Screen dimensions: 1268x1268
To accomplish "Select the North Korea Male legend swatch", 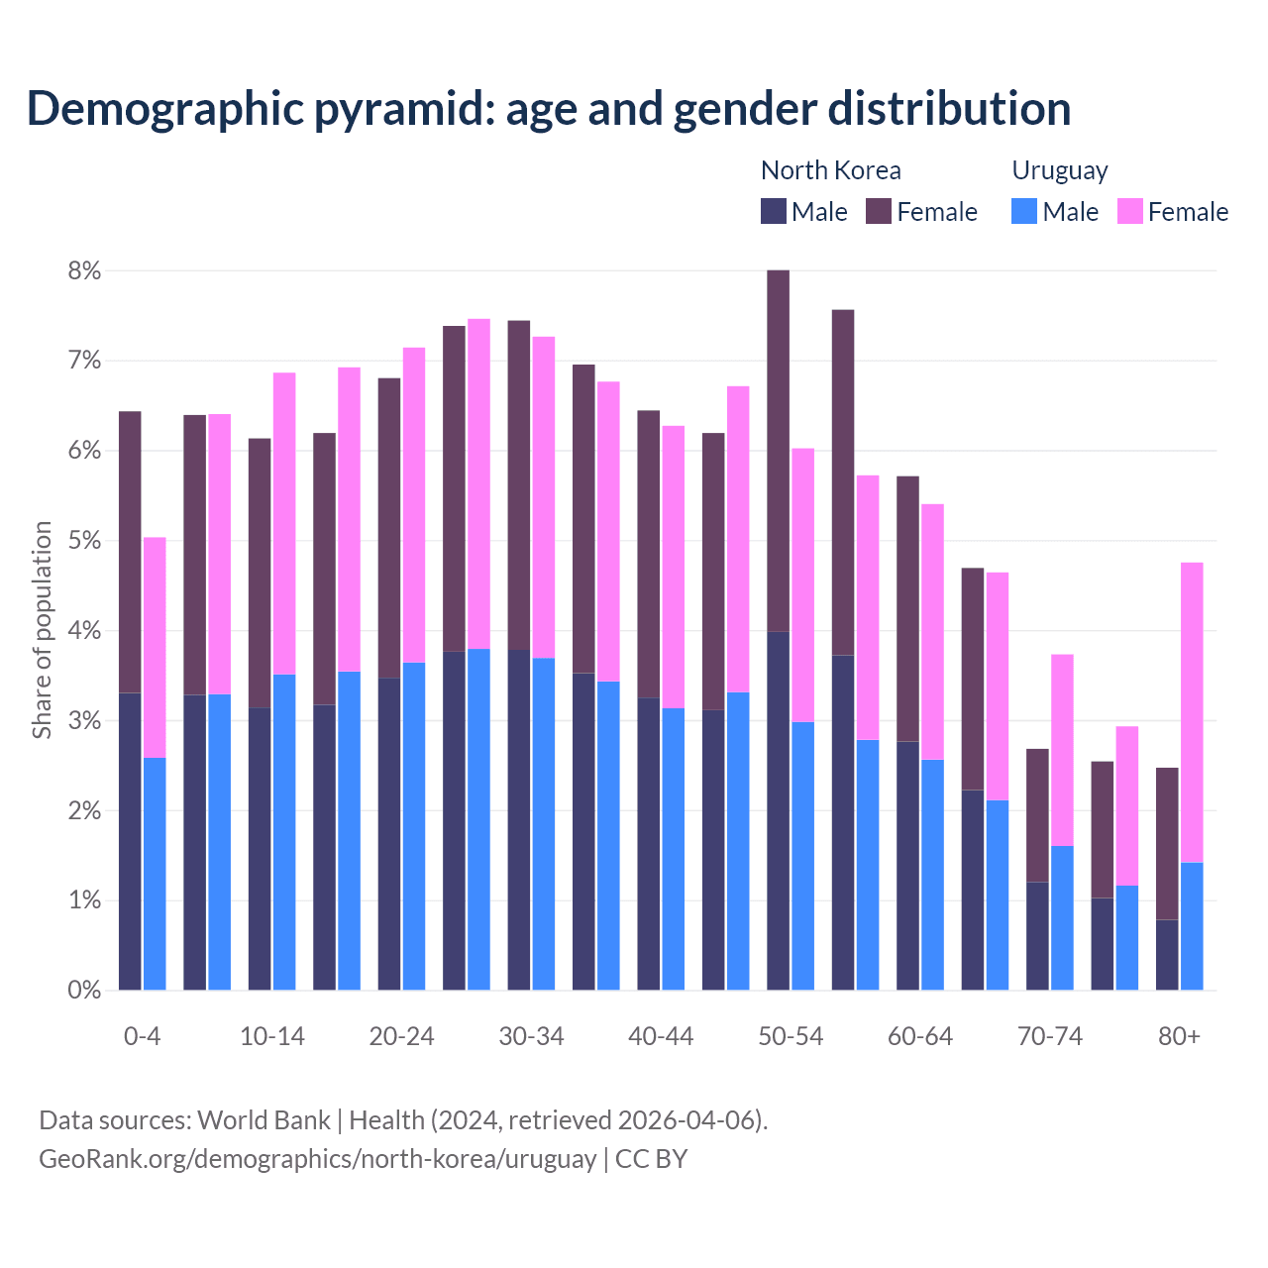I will coord(774,211).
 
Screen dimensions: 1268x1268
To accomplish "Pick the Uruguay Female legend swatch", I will coord(1129,211).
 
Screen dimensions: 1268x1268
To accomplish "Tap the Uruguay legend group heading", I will coord(1059,170).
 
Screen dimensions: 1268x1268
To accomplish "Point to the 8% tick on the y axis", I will coord(84,270).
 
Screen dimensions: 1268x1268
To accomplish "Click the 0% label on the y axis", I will coord(84,990).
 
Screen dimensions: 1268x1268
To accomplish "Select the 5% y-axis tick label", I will coord(84,541).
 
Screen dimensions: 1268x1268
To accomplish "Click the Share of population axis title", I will coord(42,630).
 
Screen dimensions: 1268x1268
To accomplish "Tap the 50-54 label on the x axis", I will coord(791,1036).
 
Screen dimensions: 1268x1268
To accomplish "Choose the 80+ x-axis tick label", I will coord(1179,1036).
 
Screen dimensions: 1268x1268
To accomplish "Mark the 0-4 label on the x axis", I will coord(142,1036).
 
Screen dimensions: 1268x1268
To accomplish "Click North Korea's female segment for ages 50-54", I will coord(779,451).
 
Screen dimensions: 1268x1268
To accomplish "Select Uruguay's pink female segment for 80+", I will coord(1192,711).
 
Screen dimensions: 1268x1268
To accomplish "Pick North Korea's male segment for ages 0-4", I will coord(130,842).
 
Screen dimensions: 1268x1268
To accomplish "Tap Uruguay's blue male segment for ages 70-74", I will coord(1062,917).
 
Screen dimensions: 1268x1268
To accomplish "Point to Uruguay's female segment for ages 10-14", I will coord(284,523).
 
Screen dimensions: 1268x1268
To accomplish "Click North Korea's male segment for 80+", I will coord(1167,955).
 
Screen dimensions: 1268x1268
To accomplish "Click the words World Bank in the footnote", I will coord(264,1120).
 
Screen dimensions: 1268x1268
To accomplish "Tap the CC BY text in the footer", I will coord(651,1159).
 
